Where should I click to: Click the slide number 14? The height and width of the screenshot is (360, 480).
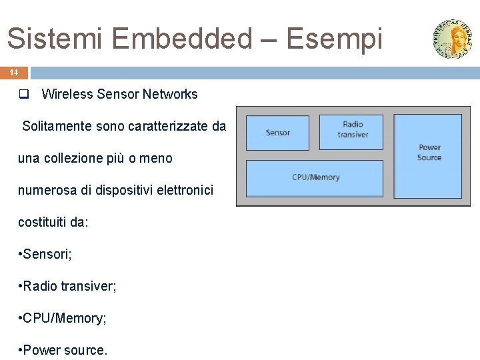pyautogui.click(x=14, y=72)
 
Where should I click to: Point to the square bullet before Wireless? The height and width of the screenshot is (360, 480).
pyautogui.click(x=23, y=95)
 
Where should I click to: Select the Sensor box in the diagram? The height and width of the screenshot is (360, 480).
pyautogui.click(x=277, y=133)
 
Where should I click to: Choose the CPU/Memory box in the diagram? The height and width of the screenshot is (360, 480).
pyautogui.click(x=315, y=177)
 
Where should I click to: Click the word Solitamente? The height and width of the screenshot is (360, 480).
pyautogui.click(x=55, y=126)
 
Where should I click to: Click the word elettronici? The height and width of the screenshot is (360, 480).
pyautogui.click(x=183, y=191)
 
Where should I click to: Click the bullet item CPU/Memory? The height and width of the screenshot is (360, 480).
pyautogui.click(x=64, y=319)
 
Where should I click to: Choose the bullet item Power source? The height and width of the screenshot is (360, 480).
pyautogui.click(x=65, y=350)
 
